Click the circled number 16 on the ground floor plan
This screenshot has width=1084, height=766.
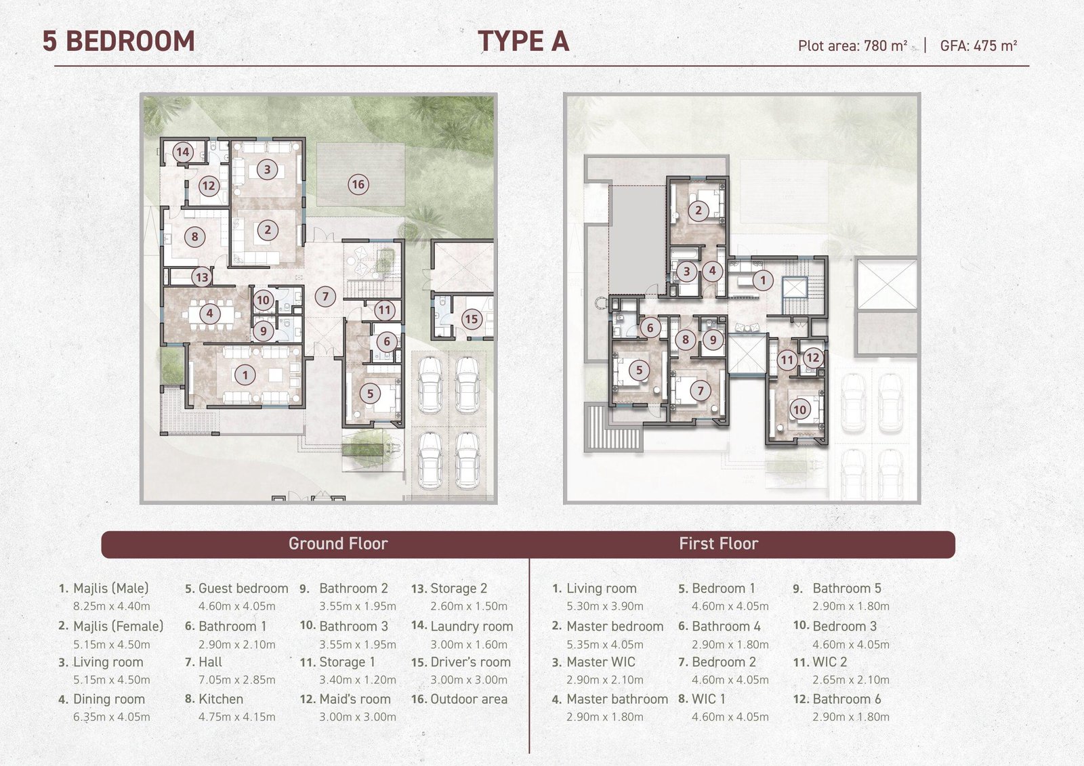coord(358,184)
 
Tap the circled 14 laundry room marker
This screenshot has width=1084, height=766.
coord(182,152)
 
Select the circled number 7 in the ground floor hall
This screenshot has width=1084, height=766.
coord(325,296)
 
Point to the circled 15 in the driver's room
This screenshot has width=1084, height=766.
coord(471,319)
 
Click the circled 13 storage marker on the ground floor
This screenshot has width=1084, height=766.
coord(202,277)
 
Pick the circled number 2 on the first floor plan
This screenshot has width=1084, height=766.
coord(699,211)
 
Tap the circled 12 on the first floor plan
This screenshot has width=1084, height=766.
coord(812,358)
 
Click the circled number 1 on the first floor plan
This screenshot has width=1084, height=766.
coord(763,280)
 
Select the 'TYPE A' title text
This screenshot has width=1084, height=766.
coord(524,41)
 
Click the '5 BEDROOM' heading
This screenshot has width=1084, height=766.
coord(119,41)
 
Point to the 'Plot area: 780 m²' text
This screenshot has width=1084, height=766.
coord(853,45)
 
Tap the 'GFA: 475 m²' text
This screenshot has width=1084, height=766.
coord(978,45)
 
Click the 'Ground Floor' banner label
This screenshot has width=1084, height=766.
coord(338,543)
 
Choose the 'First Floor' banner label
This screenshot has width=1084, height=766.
coord(719,543)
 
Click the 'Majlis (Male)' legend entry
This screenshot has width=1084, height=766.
coord(111,589)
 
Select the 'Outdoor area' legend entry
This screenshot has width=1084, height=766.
coord(469,699)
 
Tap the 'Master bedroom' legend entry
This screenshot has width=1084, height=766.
coord(615,626)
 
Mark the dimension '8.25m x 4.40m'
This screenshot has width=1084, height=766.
coord(112,606)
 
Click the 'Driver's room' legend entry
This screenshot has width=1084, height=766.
coord(470,662)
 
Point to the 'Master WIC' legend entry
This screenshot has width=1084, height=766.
coord(600,662)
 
